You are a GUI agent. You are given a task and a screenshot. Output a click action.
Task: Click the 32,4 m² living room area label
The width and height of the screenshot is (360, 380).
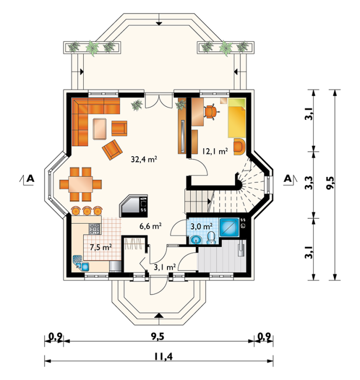coord(144,159)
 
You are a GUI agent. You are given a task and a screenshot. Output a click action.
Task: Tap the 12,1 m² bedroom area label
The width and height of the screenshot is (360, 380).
coord(215,151)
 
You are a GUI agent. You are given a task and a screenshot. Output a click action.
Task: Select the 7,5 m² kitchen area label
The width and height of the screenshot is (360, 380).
coord(101,247)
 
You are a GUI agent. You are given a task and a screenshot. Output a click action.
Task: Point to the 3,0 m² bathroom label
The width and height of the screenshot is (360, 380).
coord(201,226)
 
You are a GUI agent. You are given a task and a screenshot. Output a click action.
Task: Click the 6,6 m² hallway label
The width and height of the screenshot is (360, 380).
coord(150,226)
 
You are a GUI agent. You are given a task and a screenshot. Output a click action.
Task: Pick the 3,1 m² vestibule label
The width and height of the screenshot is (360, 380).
coord(165,267)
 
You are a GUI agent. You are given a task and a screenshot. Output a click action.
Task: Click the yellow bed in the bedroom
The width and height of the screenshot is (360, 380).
coord(237,118)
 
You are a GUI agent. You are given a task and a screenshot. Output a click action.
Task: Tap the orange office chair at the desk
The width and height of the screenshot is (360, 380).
coord(211,112)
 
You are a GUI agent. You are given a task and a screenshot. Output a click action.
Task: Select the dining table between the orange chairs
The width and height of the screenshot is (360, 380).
coord(80,184)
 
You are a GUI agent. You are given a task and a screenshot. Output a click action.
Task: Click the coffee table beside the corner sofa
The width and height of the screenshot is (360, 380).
coord(100,128)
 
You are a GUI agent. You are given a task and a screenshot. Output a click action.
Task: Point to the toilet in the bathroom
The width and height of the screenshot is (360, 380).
coord(211,238)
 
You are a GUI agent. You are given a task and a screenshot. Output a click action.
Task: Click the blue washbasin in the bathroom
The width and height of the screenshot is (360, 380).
coord(196,240)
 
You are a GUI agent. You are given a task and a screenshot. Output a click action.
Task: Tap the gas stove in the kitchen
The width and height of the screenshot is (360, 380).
coord(95,229)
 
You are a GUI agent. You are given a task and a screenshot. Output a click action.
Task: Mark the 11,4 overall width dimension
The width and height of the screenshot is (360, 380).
coord(164,356)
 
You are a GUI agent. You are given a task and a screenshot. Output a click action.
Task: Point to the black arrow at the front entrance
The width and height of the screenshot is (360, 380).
coord(159,315)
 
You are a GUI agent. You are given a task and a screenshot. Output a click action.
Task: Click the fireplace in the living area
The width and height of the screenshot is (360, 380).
coord(133,206)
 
